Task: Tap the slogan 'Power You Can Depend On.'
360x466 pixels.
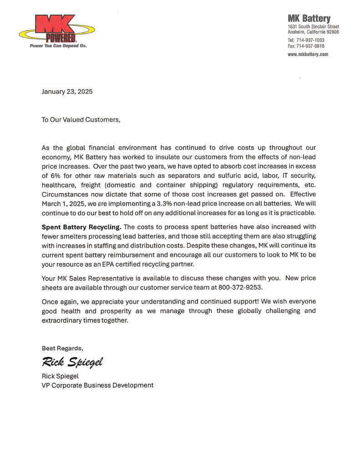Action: [58, 46]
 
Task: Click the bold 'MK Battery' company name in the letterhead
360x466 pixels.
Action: [309, 19]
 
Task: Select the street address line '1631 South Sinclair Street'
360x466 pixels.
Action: [313, 27]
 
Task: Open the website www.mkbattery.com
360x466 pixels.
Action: [308, 54]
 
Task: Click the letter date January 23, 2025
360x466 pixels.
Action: [67, 91]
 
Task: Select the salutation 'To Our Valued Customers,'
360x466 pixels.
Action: [81, 120]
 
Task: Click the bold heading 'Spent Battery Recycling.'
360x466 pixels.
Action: [81, 227]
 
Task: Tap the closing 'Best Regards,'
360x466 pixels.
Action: [62, 348]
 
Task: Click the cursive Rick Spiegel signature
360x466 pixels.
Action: [72, 362]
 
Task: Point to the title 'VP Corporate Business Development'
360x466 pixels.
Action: [97, 385]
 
